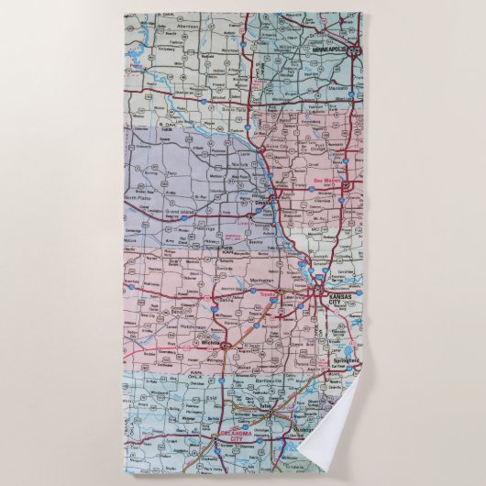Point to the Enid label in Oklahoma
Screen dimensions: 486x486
coord(213,401)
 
